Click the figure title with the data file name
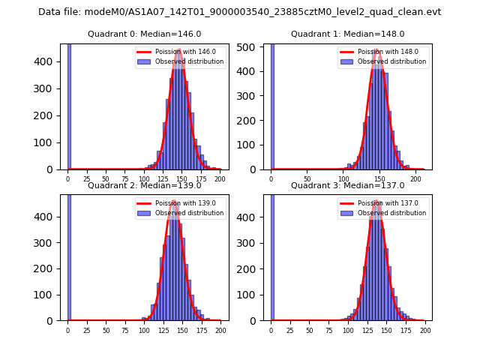(239, 12)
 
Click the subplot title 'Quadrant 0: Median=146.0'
(144, 34)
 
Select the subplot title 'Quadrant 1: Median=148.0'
(347, 34)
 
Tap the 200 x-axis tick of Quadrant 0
(220, 180)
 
